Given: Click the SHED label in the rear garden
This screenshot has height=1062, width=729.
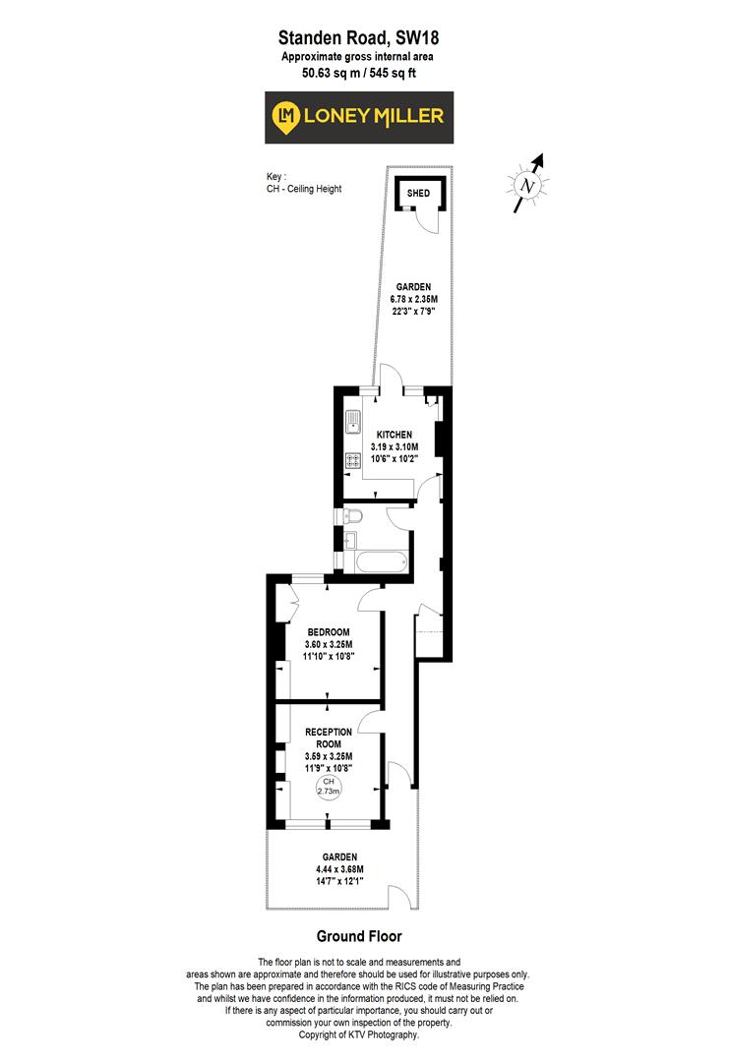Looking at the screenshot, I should coord(418,193).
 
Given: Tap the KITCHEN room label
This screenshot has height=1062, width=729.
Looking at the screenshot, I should coord(392,435).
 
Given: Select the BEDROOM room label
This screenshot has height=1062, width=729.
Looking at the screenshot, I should coord(328,631).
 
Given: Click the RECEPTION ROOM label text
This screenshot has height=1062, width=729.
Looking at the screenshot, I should coord(329,737).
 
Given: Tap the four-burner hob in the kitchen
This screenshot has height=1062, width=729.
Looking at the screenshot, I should coord(352,460).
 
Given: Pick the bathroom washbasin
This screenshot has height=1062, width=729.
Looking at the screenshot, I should coord(350,539).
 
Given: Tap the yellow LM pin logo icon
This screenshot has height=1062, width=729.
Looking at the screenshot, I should coord(287,116).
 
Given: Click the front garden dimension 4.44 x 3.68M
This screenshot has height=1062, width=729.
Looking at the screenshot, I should coord(334,869).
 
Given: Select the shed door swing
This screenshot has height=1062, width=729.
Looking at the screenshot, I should coord(424,221).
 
